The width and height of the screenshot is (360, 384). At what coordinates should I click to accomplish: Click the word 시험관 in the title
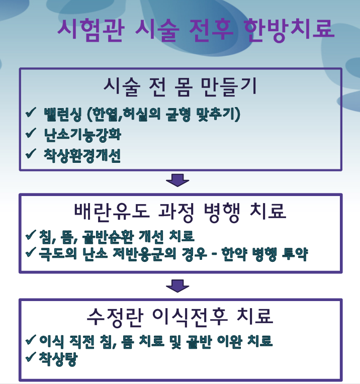point(91,30)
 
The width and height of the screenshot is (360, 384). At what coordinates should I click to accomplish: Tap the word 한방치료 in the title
point(289,30)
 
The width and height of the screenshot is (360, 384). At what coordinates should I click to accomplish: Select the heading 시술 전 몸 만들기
point(180,86)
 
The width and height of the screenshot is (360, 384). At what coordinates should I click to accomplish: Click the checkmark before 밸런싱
point(31,113)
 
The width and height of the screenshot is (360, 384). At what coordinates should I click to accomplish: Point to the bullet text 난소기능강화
point(82,135)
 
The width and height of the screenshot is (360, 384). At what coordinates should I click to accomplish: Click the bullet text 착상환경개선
point(82,155)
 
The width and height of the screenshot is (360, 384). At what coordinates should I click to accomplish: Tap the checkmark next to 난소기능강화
point(31,133)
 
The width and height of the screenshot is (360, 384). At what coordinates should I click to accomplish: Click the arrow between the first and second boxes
point(177,180)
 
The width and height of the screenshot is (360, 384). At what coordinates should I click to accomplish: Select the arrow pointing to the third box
point(177,286)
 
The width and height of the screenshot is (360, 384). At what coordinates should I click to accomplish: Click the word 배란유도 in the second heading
point(112,211)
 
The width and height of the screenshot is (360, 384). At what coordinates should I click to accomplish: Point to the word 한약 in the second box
point(234,254)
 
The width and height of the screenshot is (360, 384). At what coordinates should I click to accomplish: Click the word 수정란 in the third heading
point(115,317)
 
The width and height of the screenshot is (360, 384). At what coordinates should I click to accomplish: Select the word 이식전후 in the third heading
point(190,317)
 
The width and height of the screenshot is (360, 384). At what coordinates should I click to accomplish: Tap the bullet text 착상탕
point(58,359)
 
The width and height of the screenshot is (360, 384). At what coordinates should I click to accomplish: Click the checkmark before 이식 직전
point(31,340)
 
